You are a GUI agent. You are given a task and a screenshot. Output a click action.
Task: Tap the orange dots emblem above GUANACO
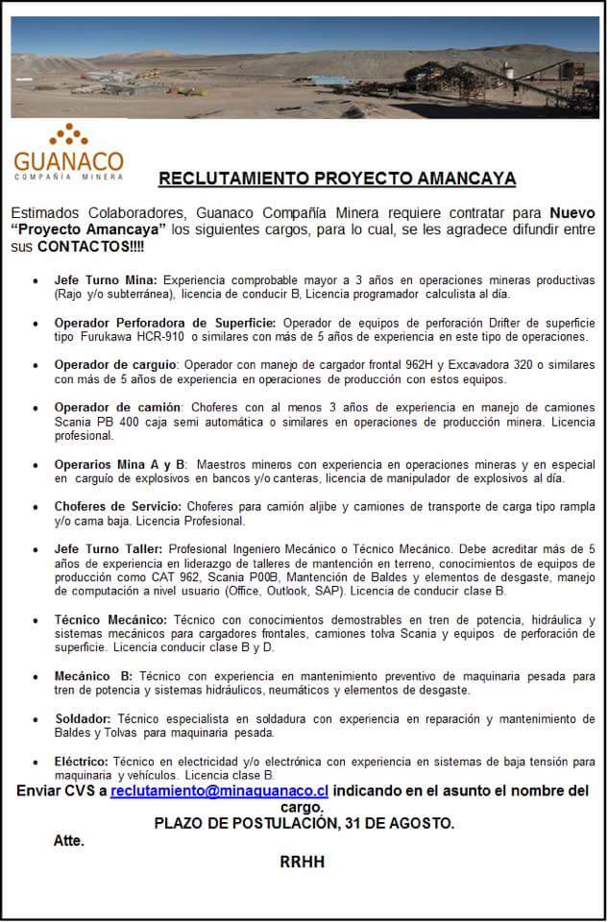tap(68, 134)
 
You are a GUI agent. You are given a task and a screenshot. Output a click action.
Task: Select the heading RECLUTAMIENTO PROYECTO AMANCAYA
tap(337, 179)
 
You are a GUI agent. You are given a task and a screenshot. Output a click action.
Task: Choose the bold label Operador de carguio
tap(116, 365)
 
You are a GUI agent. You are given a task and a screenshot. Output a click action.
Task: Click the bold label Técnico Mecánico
tap(110, 620)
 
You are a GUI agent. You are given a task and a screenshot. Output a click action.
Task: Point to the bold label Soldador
tap(83, 718)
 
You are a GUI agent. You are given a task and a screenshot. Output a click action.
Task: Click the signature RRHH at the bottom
tap(302, 862)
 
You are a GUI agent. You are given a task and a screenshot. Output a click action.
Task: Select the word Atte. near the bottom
tap(68, 840)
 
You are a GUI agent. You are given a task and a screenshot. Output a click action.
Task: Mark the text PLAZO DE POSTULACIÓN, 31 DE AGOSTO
tap(304, 823)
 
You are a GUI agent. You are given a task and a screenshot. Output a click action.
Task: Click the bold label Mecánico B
tap(93, 676)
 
